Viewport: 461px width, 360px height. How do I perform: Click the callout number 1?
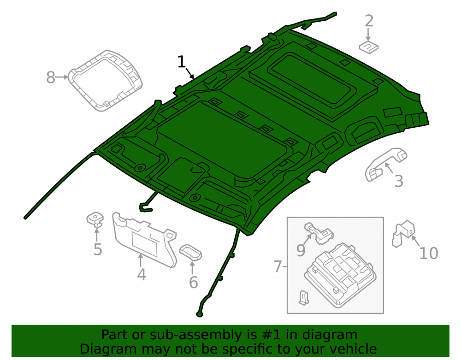pyautogui.click(x=182, y=62)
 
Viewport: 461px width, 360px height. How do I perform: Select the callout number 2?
pyautogui.click(x=369, y=21)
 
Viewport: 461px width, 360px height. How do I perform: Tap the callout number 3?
pyautogui.click(x=399, y=181)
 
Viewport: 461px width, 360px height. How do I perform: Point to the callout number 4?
pyautogui.click(x=142, y=274)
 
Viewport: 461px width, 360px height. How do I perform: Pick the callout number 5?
pyautogui.click(x=98, y=249)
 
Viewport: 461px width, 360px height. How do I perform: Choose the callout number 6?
pyautogui.click(x=194, y=282)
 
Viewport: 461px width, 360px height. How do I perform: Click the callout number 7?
pyautogui.click(x=278, y=266)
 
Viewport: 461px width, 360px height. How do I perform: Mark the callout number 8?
pyautogui.click(x=51, y=77)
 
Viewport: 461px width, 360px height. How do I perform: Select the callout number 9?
pyautogui.click(x=301, y=250)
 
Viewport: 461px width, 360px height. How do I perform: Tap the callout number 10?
pyautogui.click(x=429, y=254)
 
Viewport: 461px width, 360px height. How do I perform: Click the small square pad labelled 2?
pyautogui.click(x=369, y=47)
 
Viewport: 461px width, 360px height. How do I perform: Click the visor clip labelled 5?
pyautogui.click(x=95, y=219)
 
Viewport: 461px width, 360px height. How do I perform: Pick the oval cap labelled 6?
pyautogui.click(x=190, y=252)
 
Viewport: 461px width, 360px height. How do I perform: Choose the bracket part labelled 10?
pyautogui.click(x=403, y=233)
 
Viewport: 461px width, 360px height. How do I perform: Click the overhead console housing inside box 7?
pyautogui.click(x=340, y=275)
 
